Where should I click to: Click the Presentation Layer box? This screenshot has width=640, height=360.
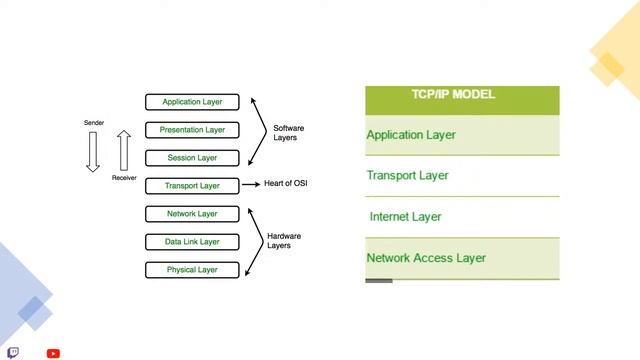click(192, 130)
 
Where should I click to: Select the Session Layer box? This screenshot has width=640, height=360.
click(192, 158)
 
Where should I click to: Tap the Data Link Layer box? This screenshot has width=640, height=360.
click(192, 242)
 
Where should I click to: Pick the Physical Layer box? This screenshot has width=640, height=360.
click(192, 270)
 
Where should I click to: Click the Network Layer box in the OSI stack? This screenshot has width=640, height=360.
click(192, 214)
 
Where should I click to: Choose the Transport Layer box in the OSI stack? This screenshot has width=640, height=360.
click(192, 186)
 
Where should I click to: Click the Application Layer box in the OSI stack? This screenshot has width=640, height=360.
click(192, 102)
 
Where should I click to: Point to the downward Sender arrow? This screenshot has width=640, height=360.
click(93, 151)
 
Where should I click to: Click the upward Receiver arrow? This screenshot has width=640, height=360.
click(124, 150)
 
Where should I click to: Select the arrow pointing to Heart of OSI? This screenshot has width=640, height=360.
click(251, 184)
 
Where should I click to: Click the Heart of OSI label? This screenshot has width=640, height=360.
click(286, 183)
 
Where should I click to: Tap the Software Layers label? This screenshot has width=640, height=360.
click(288, 133)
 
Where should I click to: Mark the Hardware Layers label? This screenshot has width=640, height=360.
click(284, 241)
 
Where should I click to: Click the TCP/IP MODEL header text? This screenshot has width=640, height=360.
click(453, 94)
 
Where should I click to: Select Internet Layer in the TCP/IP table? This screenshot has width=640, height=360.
click(405, 217)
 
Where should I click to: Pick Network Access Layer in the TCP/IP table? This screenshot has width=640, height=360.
click(426, 258)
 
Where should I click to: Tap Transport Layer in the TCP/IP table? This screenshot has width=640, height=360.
click(407, 176)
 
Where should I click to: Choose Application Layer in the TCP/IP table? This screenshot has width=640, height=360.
click(411, 135)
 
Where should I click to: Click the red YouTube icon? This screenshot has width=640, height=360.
click(53, 353)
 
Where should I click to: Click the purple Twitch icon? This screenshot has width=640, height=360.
click(13, 353)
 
